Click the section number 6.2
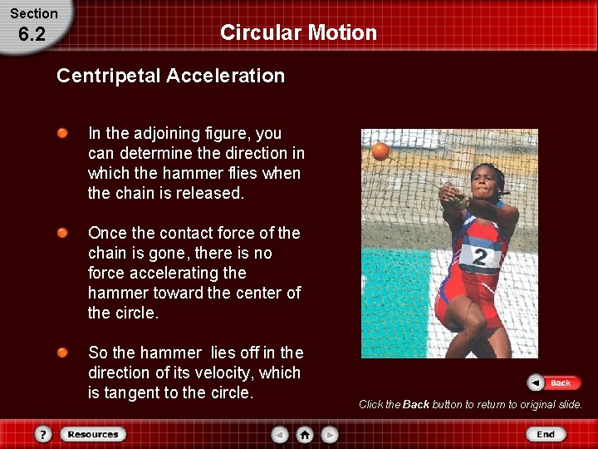pos(32,34)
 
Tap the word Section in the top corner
pos(34,13)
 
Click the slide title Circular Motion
pos(298,32)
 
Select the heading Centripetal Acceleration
pos(170,76)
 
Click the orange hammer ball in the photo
pos(380,151)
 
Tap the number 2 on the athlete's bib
pos(480,257)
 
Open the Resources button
pos(92,434)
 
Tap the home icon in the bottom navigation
pos(305,434)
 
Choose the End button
pos(545,434)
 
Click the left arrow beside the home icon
pos(281,434)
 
